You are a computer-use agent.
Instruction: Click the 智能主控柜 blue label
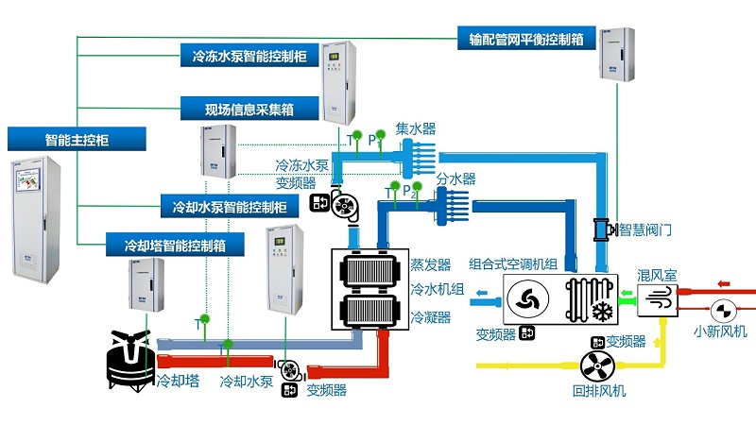pyautogui.click(x=77, y=140)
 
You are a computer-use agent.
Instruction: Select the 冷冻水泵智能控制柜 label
pyautogui.click(x=248, y=57)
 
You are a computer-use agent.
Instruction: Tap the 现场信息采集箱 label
pyautogui.click(x=248, y=110)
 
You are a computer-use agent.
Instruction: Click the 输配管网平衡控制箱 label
pyautogui.click(x=525, y=39)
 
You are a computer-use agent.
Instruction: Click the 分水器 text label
pyautogui.click(x=455, y=178)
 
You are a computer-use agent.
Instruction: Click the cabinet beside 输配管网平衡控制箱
pyautogui.click(x=616, y=52)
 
